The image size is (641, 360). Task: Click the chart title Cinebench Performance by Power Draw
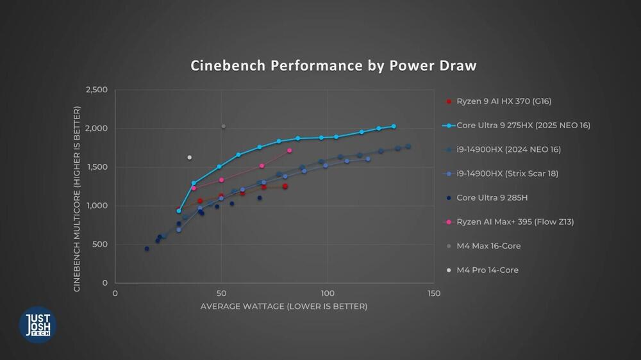[333, 66]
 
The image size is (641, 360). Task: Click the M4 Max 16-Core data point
[223, 126]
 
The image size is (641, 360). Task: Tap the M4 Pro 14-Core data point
[189, 157]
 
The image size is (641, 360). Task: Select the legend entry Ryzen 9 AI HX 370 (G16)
[504, 101]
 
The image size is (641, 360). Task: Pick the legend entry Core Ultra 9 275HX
[523, 126]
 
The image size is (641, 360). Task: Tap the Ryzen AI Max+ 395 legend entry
[515, 222]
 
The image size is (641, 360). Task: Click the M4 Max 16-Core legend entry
[488, 246]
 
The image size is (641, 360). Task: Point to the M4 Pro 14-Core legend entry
[487, 270]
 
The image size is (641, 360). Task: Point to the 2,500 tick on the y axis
[97, 90]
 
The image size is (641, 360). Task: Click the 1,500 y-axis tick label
[97, 167]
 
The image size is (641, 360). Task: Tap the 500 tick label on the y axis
[101, 244]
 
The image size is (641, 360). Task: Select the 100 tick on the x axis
[328, 293]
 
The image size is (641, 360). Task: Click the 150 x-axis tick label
[434, 293]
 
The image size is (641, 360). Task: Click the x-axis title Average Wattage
[284, 306]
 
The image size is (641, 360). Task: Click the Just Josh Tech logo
[38, 324]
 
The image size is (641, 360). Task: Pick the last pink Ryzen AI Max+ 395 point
[290, 151]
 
